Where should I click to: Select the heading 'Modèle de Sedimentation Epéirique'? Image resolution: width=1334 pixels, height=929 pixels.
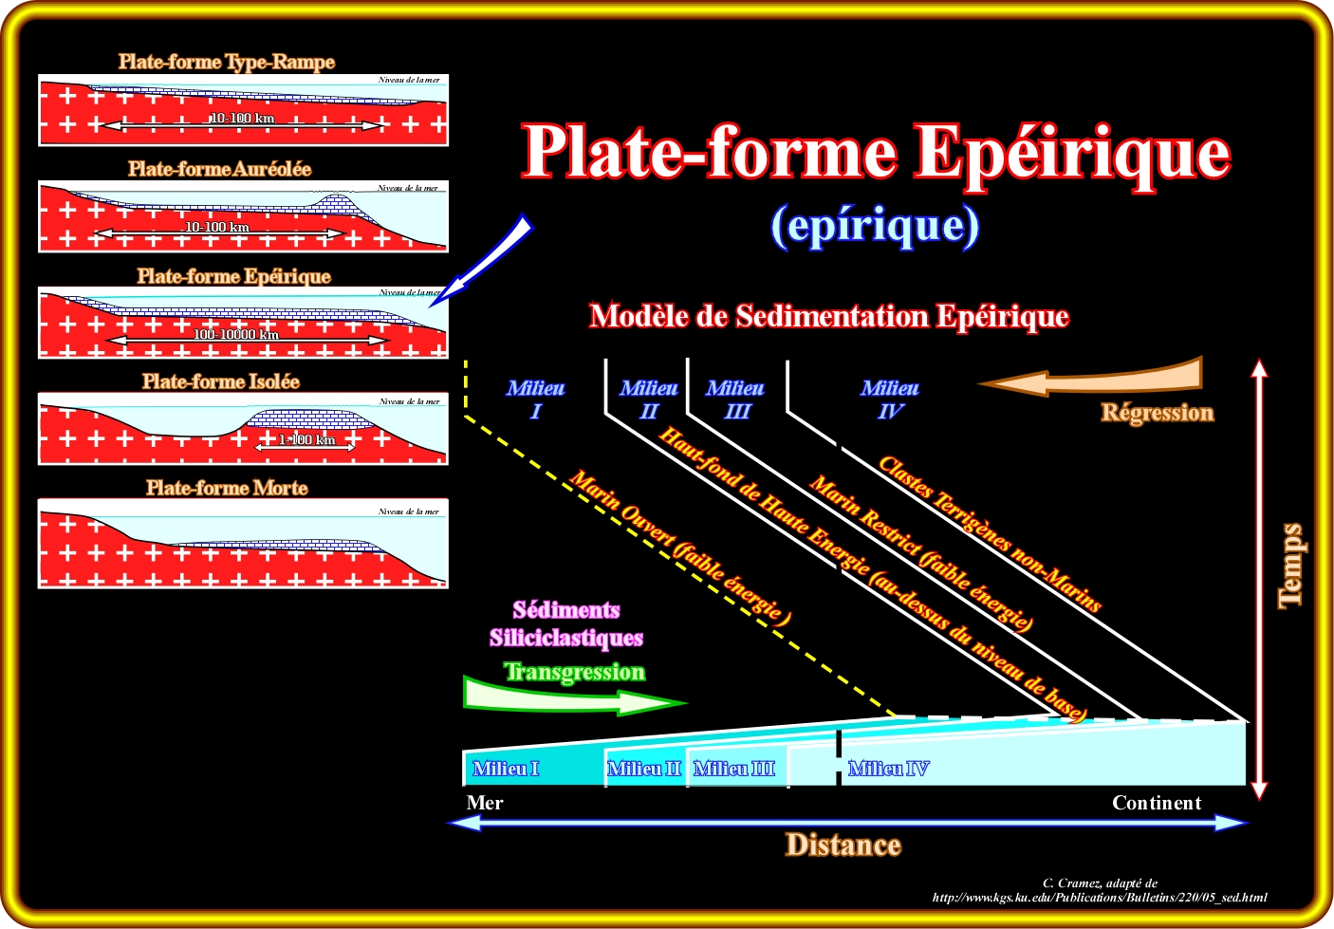(828, 316)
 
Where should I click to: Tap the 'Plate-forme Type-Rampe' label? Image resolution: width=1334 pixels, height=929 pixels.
(226, 63)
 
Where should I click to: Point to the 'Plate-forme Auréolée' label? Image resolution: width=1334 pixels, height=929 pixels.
(219, 169)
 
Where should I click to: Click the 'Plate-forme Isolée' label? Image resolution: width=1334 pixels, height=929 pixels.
(220, 381)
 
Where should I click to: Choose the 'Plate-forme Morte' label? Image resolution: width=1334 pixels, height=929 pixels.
(227, 488)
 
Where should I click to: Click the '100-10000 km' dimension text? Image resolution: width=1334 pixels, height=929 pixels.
(236, 334)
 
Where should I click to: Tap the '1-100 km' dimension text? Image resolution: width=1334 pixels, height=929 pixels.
(306, 439)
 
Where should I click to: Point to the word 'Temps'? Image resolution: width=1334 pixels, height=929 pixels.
(1290, 565)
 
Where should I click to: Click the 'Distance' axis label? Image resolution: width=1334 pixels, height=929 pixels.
(843, 845)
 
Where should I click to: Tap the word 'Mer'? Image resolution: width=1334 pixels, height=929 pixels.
(485, 803)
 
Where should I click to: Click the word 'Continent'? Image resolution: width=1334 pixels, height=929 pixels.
(1157, 803)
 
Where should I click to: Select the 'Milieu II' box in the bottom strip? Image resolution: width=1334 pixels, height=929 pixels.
(644, 769)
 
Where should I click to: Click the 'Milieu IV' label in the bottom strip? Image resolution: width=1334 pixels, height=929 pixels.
(888, 769)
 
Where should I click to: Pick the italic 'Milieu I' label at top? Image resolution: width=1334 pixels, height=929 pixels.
(535, 399)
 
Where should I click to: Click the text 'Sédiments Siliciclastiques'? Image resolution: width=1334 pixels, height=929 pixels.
(566, 623)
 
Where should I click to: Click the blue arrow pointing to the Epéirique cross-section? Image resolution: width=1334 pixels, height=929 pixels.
(484, 256)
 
